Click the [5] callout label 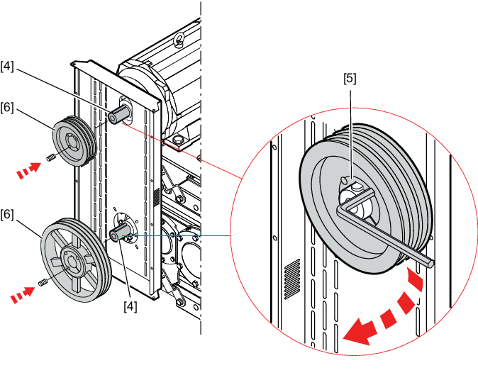(350, 79)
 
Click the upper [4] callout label (7, 66)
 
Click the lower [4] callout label (130, 306)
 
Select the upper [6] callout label (7, 107)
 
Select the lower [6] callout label (7, 215)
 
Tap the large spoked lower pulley (76, 260)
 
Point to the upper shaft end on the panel (118, 114)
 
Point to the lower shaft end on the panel (119, 233)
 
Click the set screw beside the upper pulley (51, 158)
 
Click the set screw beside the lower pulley (43, 283)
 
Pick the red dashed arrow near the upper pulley (28, 170)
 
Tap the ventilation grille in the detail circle (292, 279)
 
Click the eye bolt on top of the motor (179, 40)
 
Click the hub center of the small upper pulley (72, 142)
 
